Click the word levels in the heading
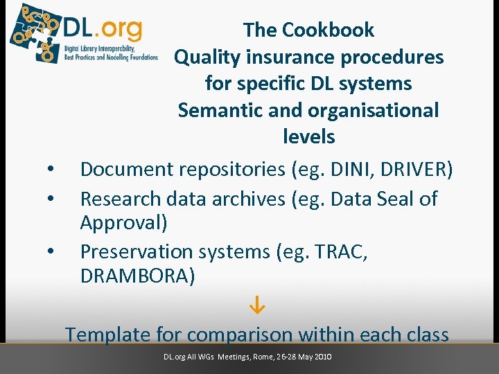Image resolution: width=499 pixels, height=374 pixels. tap(308, 136)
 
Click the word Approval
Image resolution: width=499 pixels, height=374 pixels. tap(122, 223)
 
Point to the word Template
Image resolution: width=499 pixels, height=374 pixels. tap(107, 335)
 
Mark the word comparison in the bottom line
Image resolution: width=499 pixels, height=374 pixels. tap(240, 335)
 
